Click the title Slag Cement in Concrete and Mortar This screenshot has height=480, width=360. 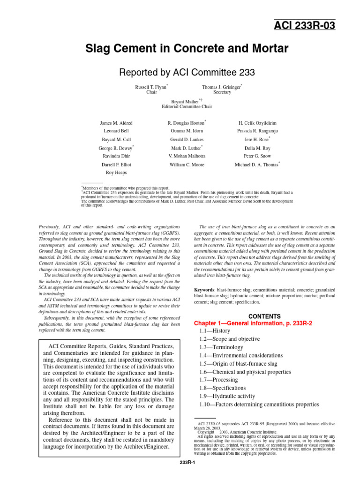(x=186, y=49)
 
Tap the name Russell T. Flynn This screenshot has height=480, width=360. (x=150, y=87)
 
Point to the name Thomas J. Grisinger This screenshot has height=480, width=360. (x=221, y=87)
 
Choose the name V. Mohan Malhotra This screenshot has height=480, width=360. (x=187, y=156)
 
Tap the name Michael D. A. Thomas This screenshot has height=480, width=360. (x=256, y=165)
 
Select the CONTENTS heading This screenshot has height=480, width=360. (x=264, y=316)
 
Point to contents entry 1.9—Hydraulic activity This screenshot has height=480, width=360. (x=228, y=396)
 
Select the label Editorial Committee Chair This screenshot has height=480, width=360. (x=186, y=106)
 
